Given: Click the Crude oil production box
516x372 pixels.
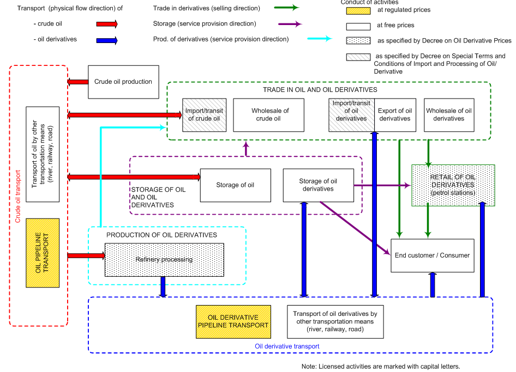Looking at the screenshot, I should pyautogui.click(x=123, y=82).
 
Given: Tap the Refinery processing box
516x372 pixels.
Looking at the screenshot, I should pyautogui.click(x=164, y=260).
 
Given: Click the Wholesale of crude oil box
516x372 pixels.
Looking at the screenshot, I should pyautogui.click(x=269, y=115).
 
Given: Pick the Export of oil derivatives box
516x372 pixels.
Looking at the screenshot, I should pyautogui.click(x=395, y=115).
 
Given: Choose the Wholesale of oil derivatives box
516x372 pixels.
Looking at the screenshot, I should pyautogui.click(x=449, y=115).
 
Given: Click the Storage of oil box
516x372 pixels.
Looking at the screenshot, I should pyautogui.click(x=235, y=185).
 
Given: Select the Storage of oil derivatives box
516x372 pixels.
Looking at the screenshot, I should pyautogui.click(x=318, y=185).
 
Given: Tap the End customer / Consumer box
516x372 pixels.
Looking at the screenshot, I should pyautogui.click(x=432, y=255).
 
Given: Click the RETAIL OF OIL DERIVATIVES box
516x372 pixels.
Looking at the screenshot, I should pyautogui.click(x=453, y=185).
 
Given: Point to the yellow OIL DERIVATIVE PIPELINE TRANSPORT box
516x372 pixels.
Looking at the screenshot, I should pyautogui.click(x=233, y=321).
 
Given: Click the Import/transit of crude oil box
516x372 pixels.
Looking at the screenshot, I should pyautogui.click(x=204, y=115).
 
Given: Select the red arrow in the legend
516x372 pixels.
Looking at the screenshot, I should pyautogui.click(x=107, y=24).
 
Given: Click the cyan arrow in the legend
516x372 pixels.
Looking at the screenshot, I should pyautogui.click(x=319, y=39).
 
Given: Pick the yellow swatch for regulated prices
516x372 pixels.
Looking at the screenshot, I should pyautogui.click(x=357, y=10).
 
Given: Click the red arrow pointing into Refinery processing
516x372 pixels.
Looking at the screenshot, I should pyautogui.click(x=86, y=255).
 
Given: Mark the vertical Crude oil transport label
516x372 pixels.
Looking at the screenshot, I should pyautogui.click(x=18, y=196).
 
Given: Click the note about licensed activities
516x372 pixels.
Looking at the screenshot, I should pyautogui.click(x=380, y=366).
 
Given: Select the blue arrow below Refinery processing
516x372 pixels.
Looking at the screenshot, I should pyautogui.click(x=163, y=286).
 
